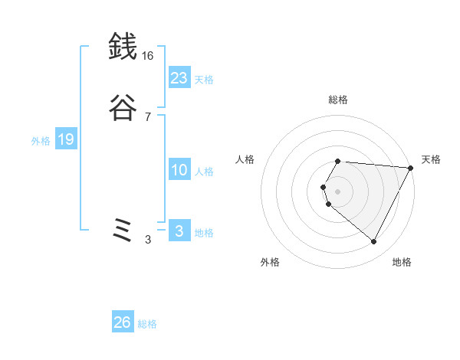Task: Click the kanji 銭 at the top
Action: [x=123, y=47]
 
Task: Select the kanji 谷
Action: [x=123, y=109]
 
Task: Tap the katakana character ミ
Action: [x=123, y=231]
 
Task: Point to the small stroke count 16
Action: [x=147, y=56]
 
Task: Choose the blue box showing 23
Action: [x=179, y=77]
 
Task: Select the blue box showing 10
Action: [x=179, y=170]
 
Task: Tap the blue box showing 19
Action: [x=66, y=139]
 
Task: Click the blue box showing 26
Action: [x=123, y=322]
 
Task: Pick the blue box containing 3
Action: [x=179, y=231]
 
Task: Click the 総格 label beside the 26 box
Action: [x=147, y=324]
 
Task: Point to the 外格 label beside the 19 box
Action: [x=41, y=141]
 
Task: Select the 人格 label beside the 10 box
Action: [x=205, y=172]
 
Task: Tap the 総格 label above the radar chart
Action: [x=338, y=100]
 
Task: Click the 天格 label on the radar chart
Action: [x=432, y=159]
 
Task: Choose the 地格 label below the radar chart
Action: [x=402, y=262]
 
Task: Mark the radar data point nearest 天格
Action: [x=412, y=168]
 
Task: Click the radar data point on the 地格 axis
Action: [x=374, y=242]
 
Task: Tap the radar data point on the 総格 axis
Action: [x=338, y=161]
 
